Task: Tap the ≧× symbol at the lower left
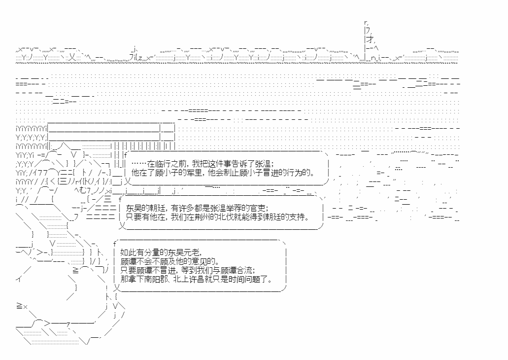tap(22, 306)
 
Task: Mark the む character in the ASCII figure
tap(83, 190)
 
